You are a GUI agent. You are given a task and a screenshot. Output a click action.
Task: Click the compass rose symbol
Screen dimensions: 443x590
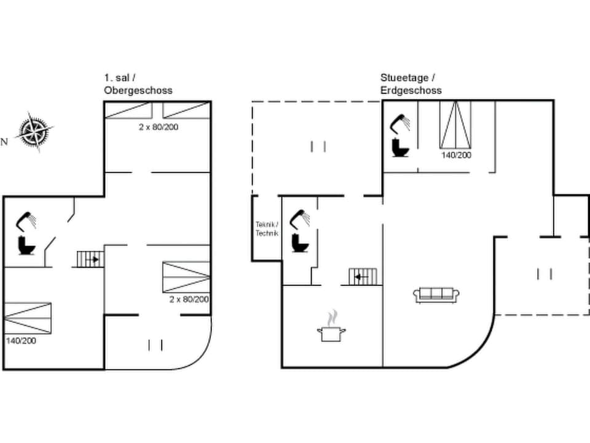[34, 131]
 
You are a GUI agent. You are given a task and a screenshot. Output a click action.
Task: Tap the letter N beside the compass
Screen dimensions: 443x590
[4, 142]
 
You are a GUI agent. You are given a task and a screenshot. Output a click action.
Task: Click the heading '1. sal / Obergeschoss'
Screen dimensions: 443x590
[138, 84]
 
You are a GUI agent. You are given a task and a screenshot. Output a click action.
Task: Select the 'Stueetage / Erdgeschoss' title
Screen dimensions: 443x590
[411, 84]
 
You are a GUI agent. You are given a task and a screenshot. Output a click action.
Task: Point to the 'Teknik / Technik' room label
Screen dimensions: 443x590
[267, 229]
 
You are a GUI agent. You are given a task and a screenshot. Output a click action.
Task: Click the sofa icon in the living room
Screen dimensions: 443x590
[436, 295]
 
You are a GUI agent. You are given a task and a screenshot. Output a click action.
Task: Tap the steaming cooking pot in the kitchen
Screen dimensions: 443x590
[331, 328]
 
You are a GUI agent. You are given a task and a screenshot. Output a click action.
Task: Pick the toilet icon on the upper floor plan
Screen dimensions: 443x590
[28, 245]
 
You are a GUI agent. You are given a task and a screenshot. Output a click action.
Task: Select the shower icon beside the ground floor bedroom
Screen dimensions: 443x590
[400, 122]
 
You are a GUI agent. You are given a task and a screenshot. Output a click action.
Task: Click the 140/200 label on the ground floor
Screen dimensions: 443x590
[456, 156]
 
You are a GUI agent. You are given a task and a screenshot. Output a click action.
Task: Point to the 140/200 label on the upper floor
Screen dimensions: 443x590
[20, 340]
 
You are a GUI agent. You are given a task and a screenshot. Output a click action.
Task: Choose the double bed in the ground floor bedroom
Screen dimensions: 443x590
[455, 125]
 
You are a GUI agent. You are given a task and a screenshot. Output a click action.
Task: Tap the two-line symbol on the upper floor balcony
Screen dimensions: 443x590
[155, 345]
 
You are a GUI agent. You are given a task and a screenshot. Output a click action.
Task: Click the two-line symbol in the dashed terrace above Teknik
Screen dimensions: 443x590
[318, 146]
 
